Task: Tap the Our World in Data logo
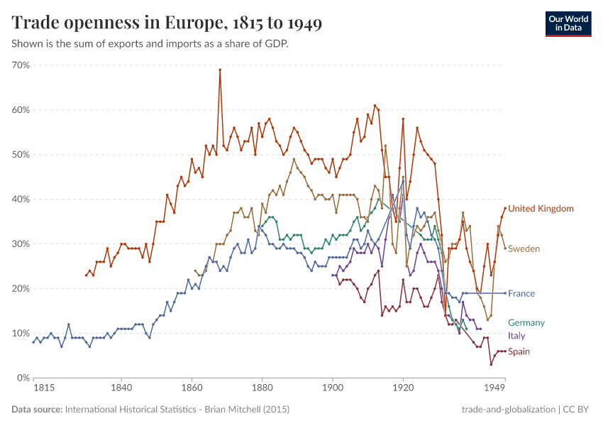click(568, 23)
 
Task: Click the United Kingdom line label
click(541, 209)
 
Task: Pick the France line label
click(521, 294)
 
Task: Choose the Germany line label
click(526, 323)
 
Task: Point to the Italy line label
click(516, 336)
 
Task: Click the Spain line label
click(519, 352)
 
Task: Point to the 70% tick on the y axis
click(21, 65)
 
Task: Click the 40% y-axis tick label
click(21, 200)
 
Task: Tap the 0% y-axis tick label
click(23, 378)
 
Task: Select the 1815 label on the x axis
click(43, 389)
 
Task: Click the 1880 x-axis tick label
click(262, 389)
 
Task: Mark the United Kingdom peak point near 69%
click(220, 70)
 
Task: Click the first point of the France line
click(33, 342)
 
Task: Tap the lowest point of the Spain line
click(491, 364)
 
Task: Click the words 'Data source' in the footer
click(36, 410)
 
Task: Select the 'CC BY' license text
click(577, 410)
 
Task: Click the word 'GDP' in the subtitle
click(277, 43)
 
